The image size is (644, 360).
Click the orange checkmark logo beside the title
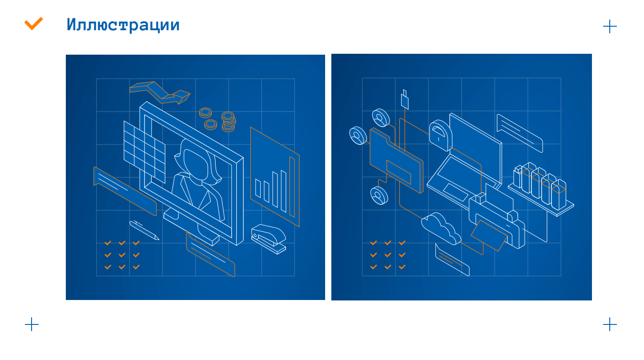[x=33, y=24]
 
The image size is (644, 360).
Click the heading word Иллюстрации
[x=123, y=25]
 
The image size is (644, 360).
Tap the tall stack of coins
[x=229, y=121]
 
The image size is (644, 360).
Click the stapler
[x=269, y=239]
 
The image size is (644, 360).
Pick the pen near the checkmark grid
[x=144, y=230]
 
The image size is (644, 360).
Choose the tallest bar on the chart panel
[x=292, y=187]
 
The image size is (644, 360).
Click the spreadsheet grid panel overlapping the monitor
[x=145, y=152]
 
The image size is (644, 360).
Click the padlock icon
[x=440, y=135]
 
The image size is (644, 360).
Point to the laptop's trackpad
[x=456, y=192]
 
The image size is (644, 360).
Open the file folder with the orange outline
[x=396, y=160]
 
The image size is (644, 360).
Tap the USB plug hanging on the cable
[x=405, y=100]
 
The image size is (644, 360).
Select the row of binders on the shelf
[x=539, y=186]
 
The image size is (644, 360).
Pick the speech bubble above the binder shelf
[x=520, y=133]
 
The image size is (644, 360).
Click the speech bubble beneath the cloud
[x=452, y=260]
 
